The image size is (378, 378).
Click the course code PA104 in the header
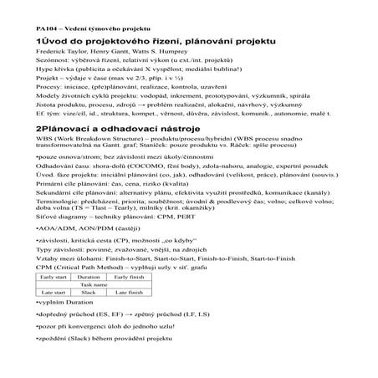(23, 28)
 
